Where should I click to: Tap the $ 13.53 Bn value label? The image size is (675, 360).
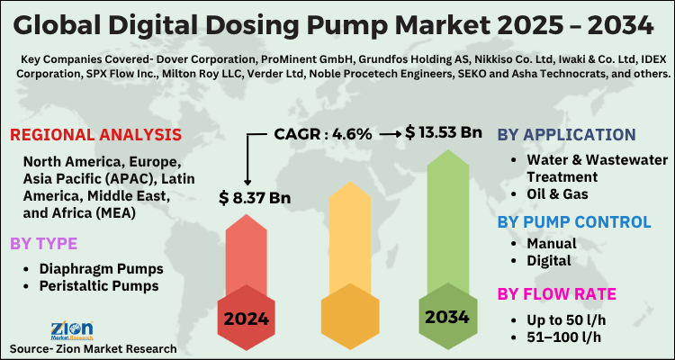[x=444, y=132]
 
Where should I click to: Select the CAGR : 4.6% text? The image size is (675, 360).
[x=323, y=133]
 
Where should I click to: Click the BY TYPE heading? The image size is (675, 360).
[x=44, y=243]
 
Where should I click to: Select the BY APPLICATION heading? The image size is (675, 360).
[x=566, y=135]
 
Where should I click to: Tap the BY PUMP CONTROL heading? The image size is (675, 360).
[x=574, y=221]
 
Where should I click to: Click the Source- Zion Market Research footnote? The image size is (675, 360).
[x=94, y=347]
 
